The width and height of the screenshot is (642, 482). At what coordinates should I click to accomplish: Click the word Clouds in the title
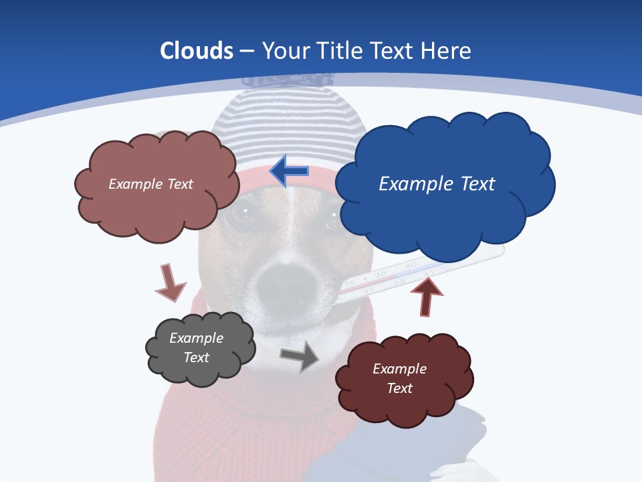point(197,51)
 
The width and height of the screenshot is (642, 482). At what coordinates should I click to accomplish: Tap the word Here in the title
point(447,51)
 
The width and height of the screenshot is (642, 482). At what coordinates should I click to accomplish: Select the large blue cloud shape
point(445,214)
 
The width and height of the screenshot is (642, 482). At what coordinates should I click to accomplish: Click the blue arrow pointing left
point(289,171)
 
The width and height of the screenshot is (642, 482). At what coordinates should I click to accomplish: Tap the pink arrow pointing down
point(170,283)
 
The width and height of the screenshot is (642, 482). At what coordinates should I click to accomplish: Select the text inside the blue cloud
point(437,183)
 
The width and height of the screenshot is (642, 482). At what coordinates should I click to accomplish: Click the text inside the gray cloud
point(196,347)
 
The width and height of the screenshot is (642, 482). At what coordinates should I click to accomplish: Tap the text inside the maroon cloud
point(399,378)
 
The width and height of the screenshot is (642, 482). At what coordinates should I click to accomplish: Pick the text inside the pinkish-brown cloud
point(150,183)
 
